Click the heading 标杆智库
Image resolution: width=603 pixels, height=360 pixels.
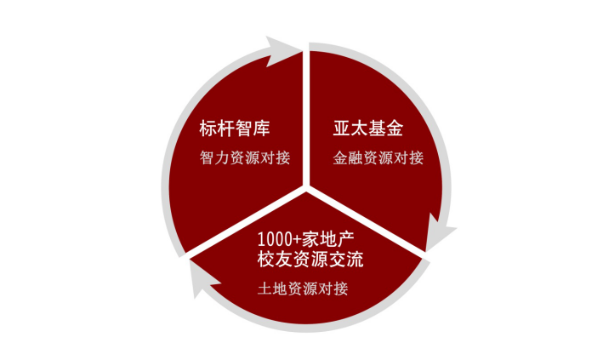pyautogui.click(x=234, y=129)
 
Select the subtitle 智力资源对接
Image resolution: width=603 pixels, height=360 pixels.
pyautogui.click(x=245, y=157)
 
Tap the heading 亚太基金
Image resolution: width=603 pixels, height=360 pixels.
pyautogui.click(x=368, y=129)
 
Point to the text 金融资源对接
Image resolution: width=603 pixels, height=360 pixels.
pyautogui.click(x=378, y=157)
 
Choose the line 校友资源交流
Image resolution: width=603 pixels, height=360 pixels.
pyautogui.click(x=310, y=259)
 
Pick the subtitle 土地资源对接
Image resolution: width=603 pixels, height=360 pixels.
pyautogui.click(x=303, y=288)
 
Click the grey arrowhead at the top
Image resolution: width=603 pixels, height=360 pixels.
pyautogui.click(x=283, y=50)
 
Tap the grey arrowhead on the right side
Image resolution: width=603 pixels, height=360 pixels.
pyautogui.click(x=440, y=231)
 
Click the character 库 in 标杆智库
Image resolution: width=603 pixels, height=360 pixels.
pyautogui.click(x=261, y=129)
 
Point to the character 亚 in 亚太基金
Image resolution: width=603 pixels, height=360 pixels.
pyautogui.click(x=342, y=129)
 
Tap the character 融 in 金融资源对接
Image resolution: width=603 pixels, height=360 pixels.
pyautogui.click(x=356, y=157)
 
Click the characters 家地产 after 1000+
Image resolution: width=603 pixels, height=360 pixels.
pyautogui.click(x=327, y=239)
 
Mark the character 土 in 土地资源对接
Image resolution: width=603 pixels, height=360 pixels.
pyautogui.click(x=265, y=289)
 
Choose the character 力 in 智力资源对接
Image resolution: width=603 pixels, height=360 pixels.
pyautogui.click(x=222, y=157)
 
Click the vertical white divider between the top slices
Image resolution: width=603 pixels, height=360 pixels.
pyautogui.click(x=305, y=117)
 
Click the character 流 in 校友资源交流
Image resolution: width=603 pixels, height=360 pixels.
pyautogui.click(x=355, y=259)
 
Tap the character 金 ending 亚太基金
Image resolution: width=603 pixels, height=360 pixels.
pyautogui.click(x=395, y=129)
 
